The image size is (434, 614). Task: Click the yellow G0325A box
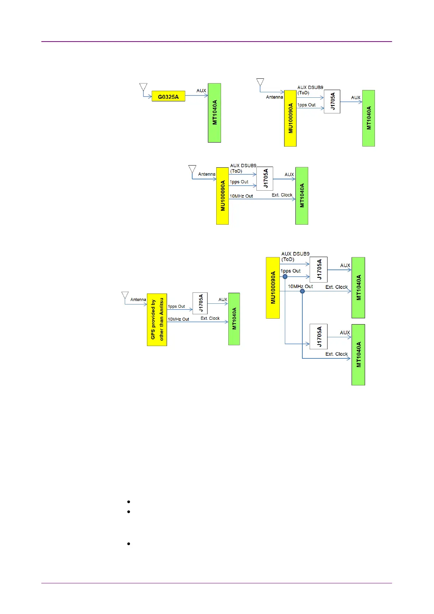(x=168, y=96)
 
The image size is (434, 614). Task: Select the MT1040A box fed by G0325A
(x=214, y=113)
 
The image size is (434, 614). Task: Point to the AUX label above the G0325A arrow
(x=201, y=90)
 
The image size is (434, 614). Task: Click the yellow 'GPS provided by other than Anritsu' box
(x=157, y=320)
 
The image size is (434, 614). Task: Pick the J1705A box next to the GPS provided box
(x=200, y=303)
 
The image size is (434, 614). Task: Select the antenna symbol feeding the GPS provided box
(x=125, y=295)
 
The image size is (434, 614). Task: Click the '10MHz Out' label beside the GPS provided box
(x=178, y=319)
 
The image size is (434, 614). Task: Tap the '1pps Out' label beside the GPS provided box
(x=177, y=306)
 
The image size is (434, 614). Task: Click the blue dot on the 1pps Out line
(x=285, y=277)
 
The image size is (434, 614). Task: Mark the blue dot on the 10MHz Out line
(x=302, y=291)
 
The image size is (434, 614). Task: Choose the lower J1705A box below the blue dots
(x=318, y=337)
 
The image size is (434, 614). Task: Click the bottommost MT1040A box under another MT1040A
(x=358, y=355)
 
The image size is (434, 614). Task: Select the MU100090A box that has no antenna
(x=273, y=288)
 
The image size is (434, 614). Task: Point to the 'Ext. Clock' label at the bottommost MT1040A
(x=337, y=354)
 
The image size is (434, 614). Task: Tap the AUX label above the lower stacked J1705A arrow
(x=345, y=333)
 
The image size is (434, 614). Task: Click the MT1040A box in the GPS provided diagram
(x=234, y=319)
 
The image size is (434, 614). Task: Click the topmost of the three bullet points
(x=129, y=502)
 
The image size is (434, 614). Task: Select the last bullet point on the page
(x=129, y=544)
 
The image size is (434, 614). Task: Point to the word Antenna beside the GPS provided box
(x=138, y=299)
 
